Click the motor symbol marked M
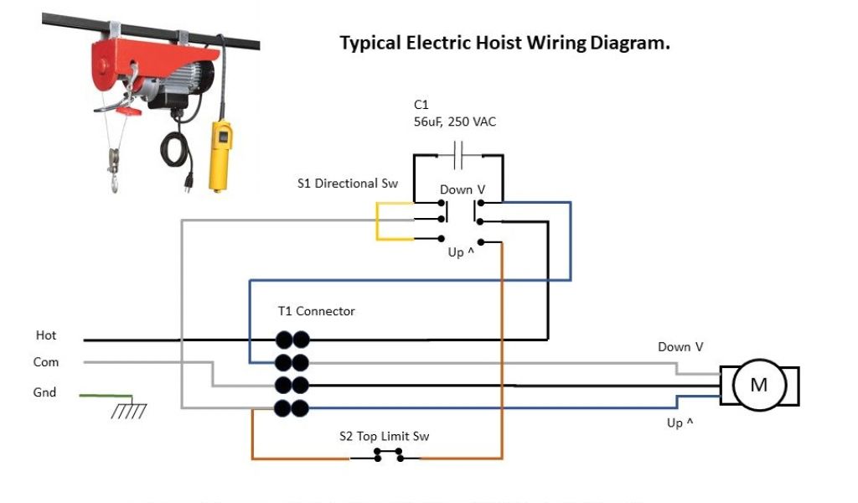(758, 385)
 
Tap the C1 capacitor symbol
(458, 155)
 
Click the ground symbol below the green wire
(129, 411)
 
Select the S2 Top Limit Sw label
(385, 436)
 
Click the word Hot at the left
(46, 335)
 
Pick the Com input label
(46, 362)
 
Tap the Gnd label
(44, 392)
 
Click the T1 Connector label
(316, 311)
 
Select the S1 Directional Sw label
(348, 183)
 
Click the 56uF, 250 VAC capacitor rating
(455, 122)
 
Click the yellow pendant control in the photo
(221, 155)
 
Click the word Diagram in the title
(630, 43)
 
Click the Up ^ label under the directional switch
(461, 251)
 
